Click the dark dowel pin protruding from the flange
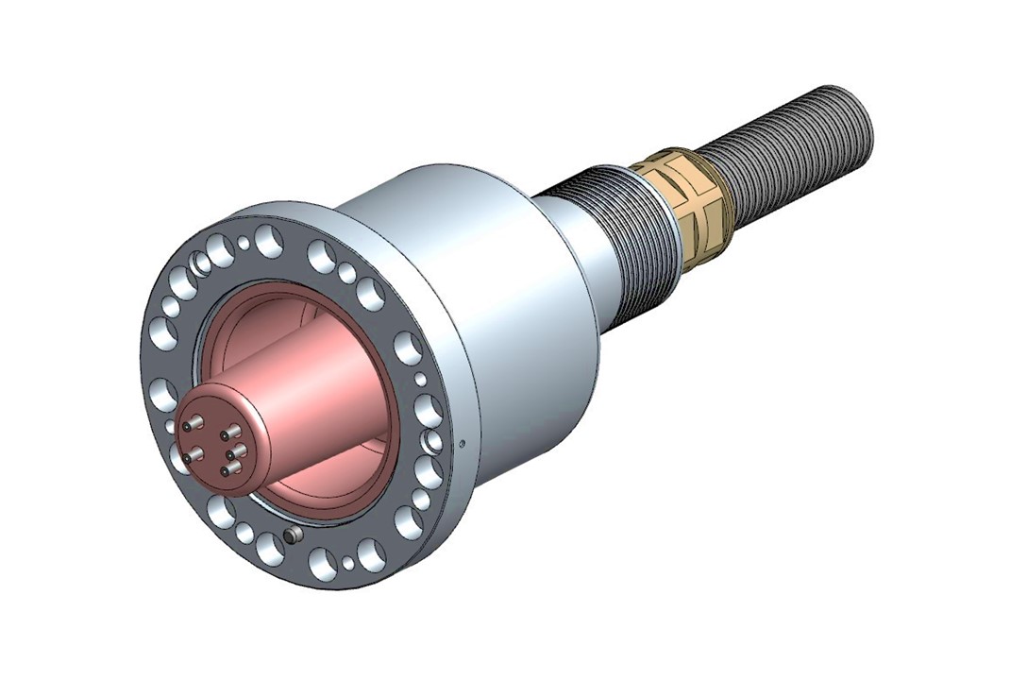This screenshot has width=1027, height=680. click(294, 535)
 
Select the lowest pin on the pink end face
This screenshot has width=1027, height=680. click(227, 469)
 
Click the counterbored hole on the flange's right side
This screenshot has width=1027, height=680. click(433, 440)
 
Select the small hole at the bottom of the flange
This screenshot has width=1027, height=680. click(348, 564)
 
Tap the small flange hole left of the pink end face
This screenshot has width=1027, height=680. click(170, 426)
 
